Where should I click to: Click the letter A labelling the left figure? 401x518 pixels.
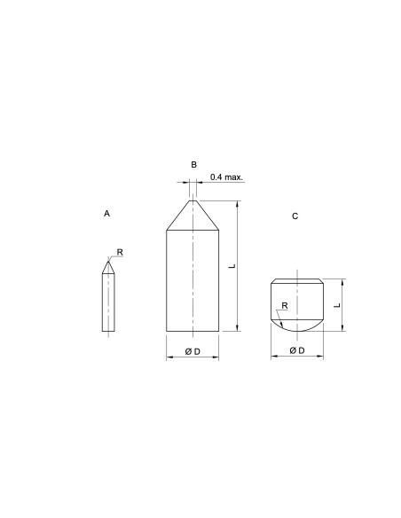[x=106, y=214]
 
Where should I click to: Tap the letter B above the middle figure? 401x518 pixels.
[x=193, y=165]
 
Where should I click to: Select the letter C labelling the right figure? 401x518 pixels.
[x=295, y=216]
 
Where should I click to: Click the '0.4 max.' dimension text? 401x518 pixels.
[x=226, y=177]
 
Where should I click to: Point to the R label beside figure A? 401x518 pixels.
[x=120, y=253]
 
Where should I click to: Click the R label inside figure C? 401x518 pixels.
[x=284, y=306]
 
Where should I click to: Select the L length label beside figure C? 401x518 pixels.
[x=337, y=303]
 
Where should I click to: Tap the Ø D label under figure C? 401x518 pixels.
[x=297, y=352]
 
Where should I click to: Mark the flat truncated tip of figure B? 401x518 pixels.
[x=193, y=200]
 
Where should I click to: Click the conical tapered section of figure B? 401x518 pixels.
[x=193, y=216]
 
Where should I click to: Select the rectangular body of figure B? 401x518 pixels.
[x=193, y=279]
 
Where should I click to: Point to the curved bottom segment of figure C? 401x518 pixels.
[x=297, y=326]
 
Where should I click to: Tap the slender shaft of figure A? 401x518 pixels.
[x=108, y=302]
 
